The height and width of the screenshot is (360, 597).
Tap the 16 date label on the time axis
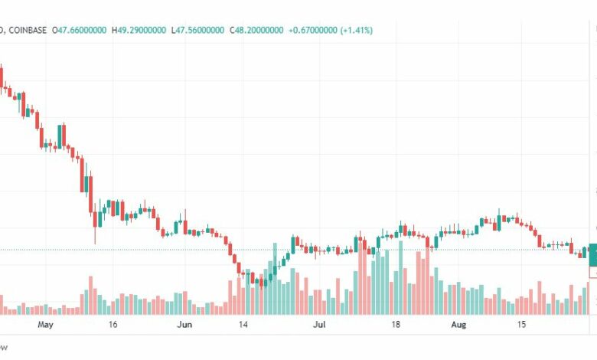click(113, 325)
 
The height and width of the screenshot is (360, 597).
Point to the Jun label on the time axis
click(184, 325)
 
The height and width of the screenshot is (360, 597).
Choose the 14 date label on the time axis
click(243, 325)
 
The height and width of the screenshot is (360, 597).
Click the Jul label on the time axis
click(320, 325)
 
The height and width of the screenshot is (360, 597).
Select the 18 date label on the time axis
click(396, 325)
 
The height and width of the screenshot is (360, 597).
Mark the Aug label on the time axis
click(457, 325)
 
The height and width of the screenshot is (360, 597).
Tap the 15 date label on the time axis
click(521, 325)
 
